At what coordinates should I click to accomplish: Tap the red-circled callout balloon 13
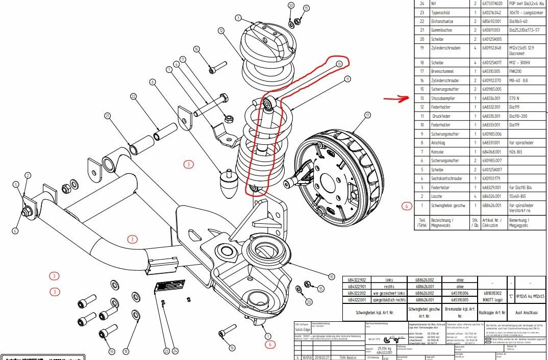click(339, 64)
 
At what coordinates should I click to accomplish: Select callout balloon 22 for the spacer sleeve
click(134, 96)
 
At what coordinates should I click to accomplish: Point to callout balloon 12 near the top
click(220, 31)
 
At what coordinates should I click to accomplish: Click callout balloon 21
click(108, 116)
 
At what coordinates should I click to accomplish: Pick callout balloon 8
click(152, 82)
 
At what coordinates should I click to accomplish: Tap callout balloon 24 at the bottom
click(175, 351)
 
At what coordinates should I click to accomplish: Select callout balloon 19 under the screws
click(111, 351)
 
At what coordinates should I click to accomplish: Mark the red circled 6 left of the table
click(406, 206)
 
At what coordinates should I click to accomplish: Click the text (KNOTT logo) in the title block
click(493, 301)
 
